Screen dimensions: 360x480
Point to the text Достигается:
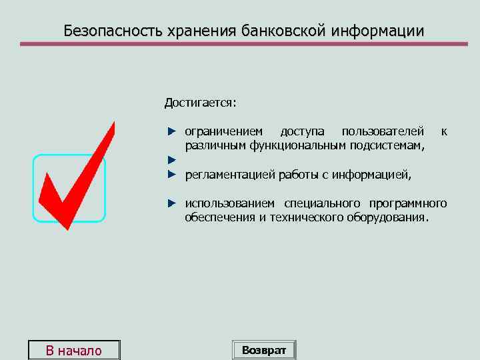pyautogui.click(x=201, y=103)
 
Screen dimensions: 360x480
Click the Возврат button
pyautogui.click(x=264, y=350)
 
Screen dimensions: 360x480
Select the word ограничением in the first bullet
pyautogui.click(x=223, y=131)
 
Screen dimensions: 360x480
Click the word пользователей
pyautogui.click(x=382, y=131)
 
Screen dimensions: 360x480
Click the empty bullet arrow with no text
pyautogui.click(x=171, y=160)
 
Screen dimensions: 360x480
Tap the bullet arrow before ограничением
pyautogui.click(x=171, y=131)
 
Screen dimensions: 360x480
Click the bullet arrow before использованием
pyautogui.click(x=171, y=203)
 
